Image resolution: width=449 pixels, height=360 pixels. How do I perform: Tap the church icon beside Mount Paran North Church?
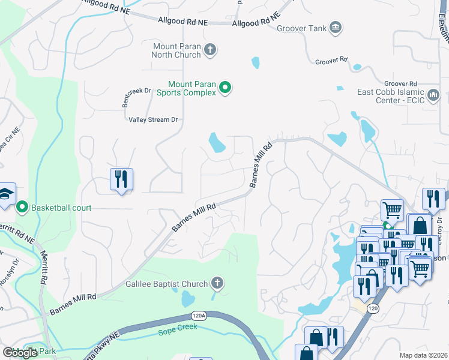click(x=210, y=49)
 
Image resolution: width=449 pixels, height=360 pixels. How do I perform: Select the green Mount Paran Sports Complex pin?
click(x=225, y=88)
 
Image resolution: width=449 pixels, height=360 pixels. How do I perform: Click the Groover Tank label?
click(x=301, y=28)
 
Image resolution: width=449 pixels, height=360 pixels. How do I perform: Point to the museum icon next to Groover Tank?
click(x=336, y=27)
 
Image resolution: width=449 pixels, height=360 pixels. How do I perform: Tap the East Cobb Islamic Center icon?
click(x=433, y=95)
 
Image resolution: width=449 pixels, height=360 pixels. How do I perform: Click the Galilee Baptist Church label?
click(x=166, y=284)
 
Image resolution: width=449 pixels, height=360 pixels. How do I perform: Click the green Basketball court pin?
click(x=22, y=208)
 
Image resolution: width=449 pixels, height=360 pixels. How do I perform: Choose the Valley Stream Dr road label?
click(x=154, y=119)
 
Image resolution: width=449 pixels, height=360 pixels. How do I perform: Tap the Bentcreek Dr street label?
click(x=135, y=97)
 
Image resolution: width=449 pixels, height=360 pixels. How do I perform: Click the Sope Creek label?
click(x=176, y=332)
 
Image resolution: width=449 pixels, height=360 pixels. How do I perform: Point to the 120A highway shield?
click(x=199, y=314)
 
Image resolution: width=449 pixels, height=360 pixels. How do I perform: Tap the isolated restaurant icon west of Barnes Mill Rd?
click(x=121, y=179)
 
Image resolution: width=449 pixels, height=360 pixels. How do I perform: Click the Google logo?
click(x=20, y=353)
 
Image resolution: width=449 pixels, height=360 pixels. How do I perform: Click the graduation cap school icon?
click(x=6, y=194)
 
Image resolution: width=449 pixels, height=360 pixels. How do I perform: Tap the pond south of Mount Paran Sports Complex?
click(x=216, y=143)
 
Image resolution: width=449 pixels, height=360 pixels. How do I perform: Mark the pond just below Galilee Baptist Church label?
click(x=188, y=298)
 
